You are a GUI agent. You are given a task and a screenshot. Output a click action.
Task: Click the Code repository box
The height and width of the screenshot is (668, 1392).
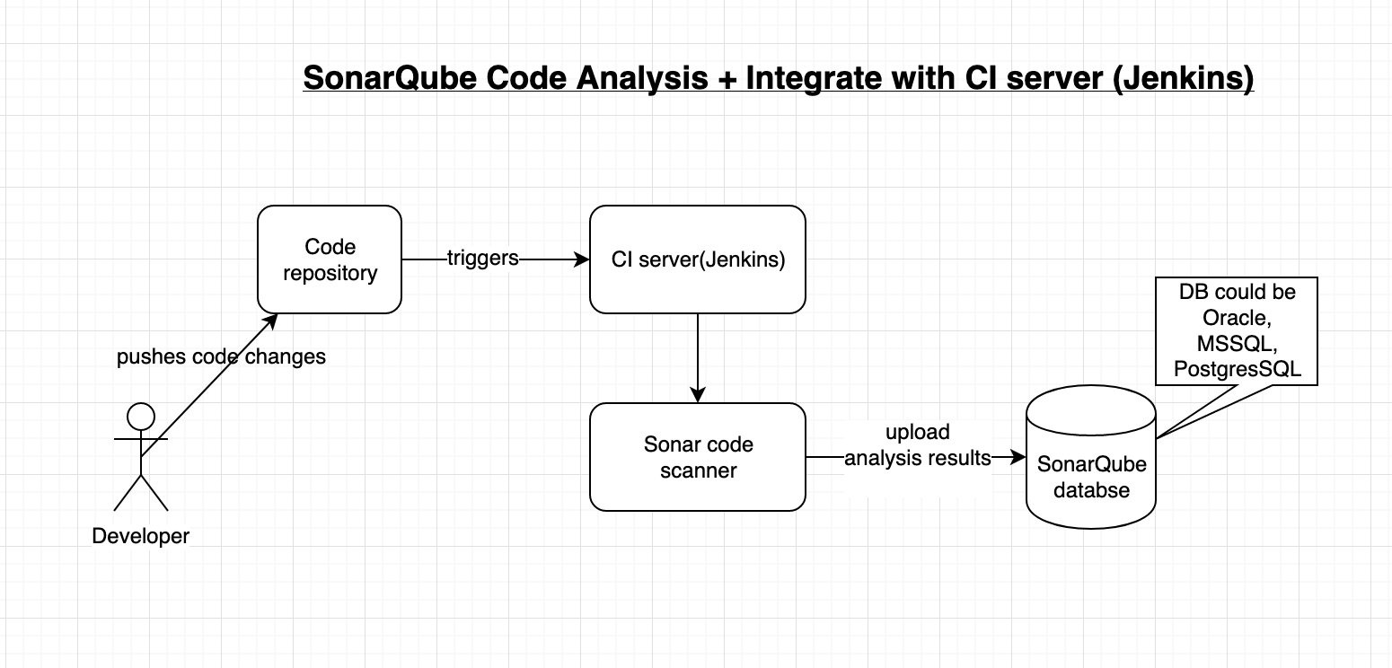[x=330, y=259]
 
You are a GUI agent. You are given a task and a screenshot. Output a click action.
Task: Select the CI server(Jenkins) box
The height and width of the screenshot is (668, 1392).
[x=697, y=259]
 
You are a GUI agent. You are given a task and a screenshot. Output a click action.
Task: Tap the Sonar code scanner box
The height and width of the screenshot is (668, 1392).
[x=697, y=457]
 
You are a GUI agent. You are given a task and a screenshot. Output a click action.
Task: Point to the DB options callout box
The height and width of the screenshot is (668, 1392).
[x=1237, y=331]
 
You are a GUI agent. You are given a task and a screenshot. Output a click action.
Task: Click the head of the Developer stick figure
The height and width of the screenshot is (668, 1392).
[x=141, y=417]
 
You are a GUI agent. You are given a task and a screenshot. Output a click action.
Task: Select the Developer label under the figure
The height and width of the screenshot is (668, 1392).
[x=141, y=536]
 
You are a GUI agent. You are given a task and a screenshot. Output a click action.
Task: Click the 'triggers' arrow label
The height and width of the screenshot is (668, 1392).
[x=483, y=259]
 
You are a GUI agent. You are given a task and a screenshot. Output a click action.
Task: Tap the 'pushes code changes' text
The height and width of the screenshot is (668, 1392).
[x=221, y=356]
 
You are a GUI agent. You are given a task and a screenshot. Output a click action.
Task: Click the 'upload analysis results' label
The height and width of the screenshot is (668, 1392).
[x=917, y=445]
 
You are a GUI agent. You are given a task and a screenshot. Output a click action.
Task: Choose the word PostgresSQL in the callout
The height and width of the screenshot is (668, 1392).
[x=1237, y=369]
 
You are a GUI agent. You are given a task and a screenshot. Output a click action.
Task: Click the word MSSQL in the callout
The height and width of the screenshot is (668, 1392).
[x=1236, y=344]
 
